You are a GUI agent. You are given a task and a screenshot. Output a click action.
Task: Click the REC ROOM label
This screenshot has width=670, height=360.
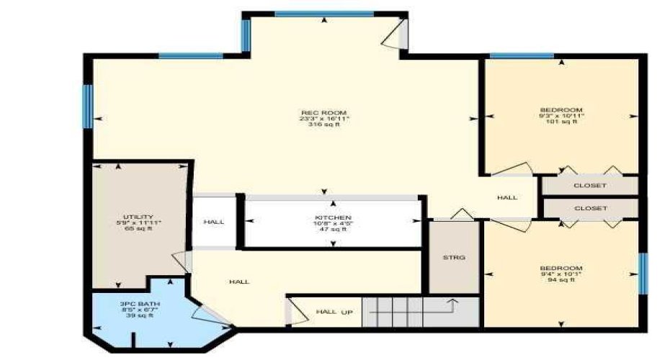(324, 112)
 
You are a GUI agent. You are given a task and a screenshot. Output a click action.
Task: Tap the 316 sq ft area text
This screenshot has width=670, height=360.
(324, 125)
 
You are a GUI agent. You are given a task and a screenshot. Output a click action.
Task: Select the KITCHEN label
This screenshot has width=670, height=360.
(333, 217)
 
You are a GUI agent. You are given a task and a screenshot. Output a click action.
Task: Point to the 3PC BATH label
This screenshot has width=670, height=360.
(140, 304)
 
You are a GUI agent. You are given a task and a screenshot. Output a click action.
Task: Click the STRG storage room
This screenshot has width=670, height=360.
(454, 257)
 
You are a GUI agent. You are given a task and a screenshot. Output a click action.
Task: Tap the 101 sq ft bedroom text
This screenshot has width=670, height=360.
(561, 122)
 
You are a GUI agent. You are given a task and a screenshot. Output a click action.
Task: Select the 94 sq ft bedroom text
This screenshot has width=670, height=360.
(561, 280)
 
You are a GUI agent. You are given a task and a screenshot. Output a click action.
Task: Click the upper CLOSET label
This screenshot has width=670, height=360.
(590, 186)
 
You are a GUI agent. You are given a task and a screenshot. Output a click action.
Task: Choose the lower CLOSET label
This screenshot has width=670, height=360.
(590, 209)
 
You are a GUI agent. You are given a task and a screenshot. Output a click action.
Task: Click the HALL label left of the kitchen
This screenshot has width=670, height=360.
(214, 222)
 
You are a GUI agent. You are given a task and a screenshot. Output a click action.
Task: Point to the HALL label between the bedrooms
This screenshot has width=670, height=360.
(507, 197)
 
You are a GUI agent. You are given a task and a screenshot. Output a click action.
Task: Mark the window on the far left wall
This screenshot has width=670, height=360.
(88, 107)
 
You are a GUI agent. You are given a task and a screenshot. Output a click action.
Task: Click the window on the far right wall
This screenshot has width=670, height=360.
(643, 274)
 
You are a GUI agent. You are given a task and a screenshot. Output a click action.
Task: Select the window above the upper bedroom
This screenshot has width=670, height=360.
(522, 55)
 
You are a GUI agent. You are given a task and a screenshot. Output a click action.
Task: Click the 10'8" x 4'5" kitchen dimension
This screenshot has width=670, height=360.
(333, 224)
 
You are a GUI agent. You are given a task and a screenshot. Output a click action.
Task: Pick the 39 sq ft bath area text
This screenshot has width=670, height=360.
(140, 316)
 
